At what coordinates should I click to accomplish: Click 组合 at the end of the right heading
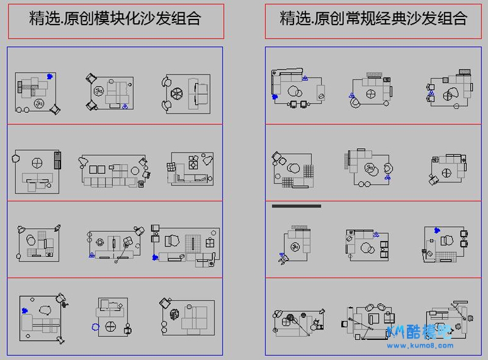click(x=452, y=19)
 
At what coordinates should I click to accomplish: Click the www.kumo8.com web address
click(x=421, y=345)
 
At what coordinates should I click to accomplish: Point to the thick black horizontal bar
click(x=296, y=206)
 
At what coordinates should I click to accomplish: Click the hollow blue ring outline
click(x=95, y=326)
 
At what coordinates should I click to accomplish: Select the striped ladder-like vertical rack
click(x=58, y=161)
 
